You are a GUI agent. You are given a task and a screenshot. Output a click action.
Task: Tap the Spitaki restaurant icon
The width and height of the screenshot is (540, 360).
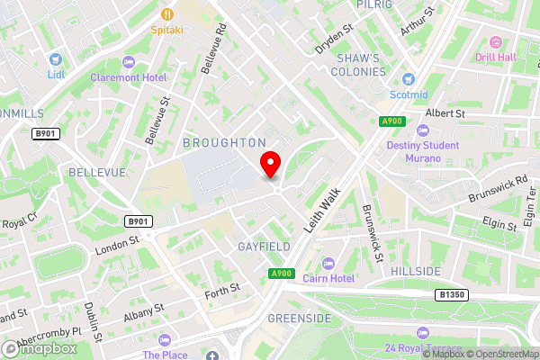tap(167, 13)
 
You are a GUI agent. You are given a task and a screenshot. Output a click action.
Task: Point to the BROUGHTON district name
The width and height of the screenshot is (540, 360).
tap(224, 142)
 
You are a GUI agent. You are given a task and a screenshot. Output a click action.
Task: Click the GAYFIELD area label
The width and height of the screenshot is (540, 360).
tap(263, 246)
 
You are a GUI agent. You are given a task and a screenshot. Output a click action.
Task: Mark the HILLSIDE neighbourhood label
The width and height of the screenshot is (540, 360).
tap(416, 271)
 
